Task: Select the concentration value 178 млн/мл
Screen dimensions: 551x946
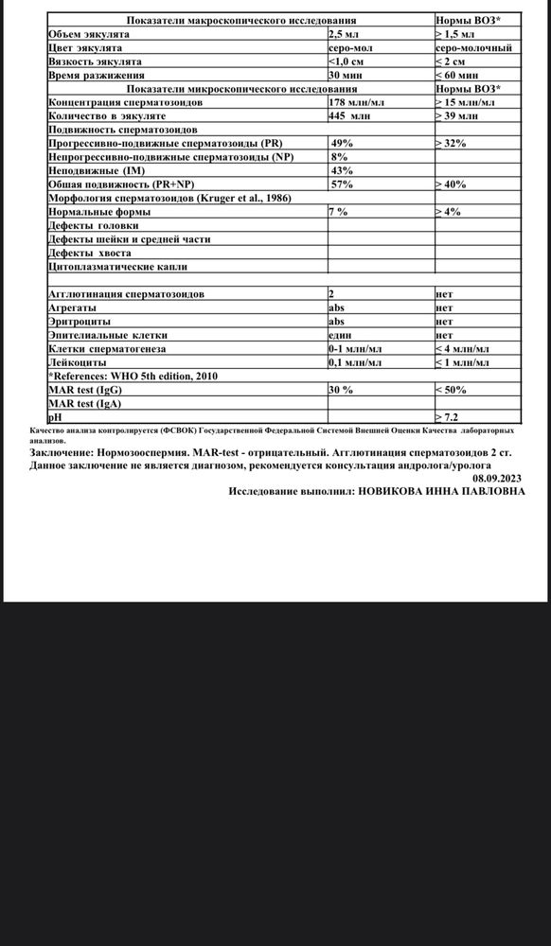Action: pos(356,101)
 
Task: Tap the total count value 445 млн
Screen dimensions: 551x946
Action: pos(349,115)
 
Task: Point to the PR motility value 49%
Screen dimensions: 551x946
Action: pos(342,143)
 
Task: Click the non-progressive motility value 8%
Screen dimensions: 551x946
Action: pos(339,157)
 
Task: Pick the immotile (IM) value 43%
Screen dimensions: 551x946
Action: pos(342,170)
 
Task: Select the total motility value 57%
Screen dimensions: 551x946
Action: pos(342,184)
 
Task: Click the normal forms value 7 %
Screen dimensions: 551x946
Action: pos(339,212)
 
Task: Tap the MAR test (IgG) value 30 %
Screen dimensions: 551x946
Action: pos(341,390)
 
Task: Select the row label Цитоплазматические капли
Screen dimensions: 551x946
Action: pos(111,267)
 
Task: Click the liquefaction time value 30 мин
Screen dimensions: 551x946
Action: pos(346,75)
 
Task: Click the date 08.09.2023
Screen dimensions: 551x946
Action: pos(498,479)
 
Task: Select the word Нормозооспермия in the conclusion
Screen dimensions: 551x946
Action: pos(135,453)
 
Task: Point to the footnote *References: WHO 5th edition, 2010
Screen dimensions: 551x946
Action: pos(133,377)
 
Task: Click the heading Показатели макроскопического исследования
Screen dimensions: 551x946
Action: pos(241,20)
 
